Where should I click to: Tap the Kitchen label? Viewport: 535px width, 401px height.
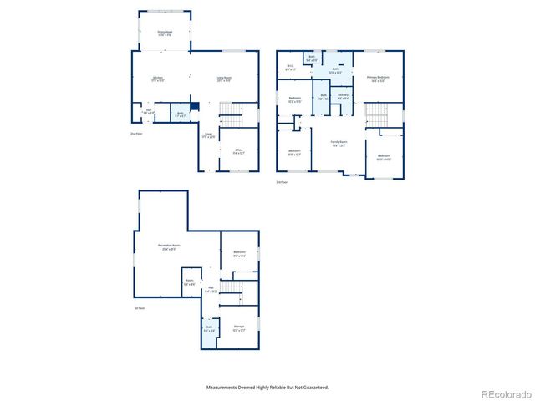point(157,79)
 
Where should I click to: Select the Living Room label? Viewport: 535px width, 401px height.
point(223,79)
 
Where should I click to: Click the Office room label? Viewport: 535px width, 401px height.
point(238,151)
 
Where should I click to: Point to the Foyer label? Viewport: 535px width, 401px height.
point(209,135)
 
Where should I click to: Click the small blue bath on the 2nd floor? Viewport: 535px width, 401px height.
point(181,114)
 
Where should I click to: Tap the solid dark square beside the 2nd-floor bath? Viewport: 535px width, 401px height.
point(194,106)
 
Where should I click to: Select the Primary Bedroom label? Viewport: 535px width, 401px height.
point(379,79)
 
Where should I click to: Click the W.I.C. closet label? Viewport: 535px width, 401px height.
point(290,68)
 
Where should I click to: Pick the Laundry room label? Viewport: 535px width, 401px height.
point(343,97)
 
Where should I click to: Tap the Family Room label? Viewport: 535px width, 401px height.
point(339,145)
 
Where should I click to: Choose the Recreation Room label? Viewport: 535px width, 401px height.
point(170,247)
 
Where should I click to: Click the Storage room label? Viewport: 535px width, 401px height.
point(238,328)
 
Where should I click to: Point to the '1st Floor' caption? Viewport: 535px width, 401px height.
point(140,308)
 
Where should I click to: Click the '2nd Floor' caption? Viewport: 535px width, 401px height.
point(136,134)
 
